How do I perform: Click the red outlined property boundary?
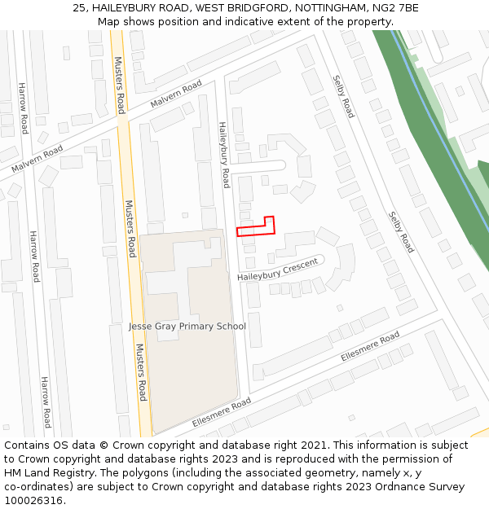coord(255,227)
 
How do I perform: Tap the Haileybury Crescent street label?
coord(277,270)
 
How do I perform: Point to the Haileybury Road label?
coord(223,155)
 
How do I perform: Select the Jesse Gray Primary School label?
coord(187,327)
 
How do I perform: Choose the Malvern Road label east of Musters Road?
coord(176,95)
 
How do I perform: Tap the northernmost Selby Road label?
coord(343,96)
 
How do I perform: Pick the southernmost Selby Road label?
coord(401,231)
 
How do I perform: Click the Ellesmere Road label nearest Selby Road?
coord(370,346)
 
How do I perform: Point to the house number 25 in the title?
coord(79,8)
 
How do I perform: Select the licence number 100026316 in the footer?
coord(33,500)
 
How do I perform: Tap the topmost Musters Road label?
coord(120,84)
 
